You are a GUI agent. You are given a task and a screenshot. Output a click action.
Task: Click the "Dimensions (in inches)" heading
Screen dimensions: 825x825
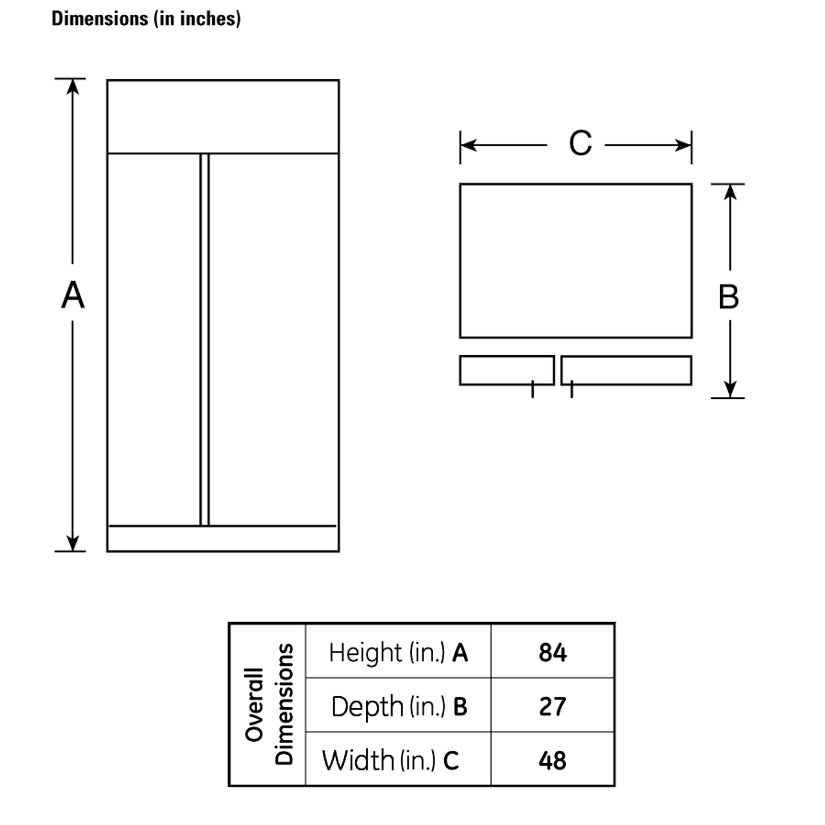[146, 19]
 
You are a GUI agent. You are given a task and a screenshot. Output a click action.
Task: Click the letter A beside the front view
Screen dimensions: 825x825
[73, 296]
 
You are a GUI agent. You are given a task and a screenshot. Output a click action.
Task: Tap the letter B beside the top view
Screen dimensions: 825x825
[728, 297]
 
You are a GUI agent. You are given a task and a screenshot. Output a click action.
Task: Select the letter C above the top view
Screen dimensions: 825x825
[579, 143]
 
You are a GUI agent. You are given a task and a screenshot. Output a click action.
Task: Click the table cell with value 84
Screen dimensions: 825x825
[552, 652]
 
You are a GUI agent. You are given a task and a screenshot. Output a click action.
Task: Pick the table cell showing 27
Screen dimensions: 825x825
[552, 706]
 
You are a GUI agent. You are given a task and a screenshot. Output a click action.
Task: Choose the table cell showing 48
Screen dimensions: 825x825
[552, 760]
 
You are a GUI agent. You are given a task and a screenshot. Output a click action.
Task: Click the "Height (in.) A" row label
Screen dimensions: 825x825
[398, 652]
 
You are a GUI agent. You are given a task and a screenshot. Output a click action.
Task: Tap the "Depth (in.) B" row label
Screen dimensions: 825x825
[398, 706]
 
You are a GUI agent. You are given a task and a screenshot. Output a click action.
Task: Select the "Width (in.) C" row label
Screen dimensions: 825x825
[391, 760]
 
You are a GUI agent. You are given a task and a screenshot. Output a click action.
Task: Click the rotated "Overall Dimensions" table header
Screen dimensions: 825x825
[268, 704]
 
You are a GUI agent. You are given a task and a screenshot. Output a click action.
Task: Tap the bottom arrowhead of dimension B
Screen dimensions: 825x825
[730, 390]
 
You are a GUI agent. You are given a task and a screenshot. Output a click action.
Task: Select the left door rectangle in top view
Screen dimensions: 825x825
[507, 370]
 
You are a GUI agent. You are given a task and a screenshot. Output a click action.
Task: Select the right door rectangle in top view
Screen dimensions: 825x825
[626, 370]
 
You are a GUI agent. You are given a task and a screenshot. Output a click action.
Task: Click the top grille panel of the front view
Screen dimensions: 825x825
[222, 117]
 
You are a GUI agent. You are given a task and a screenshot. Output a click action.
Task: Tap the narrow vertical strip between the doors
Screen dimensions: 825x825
[204, 339]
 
